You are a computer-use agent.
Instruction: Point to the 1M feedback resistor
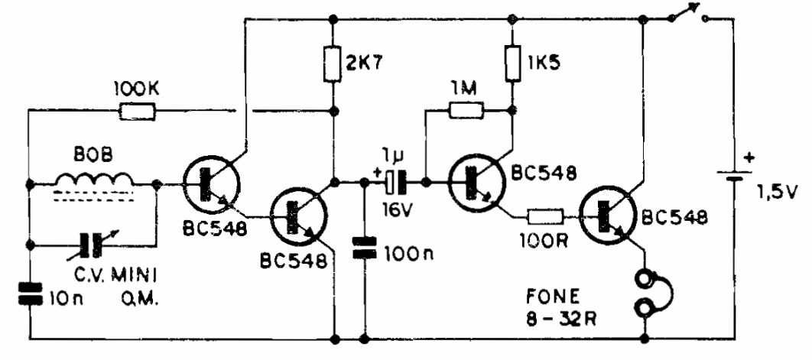[466, 112]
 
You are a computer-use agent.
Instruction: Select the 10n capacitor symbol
[30, 294]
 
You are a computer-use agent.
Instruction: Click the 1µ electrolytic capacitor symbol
[395, 183]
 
